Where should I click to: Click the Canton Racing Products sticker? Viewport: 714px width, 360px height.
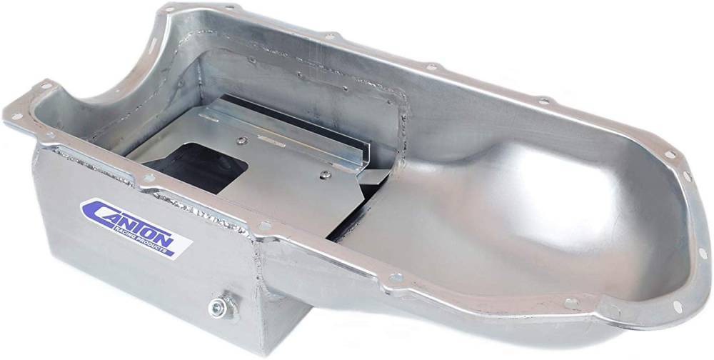tap(136, 229)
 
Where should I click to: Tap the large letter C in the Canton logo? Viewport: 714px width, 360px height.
tap(94, 211)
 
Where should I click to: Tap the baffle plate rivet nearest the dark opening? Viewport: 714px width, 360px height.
tap(242, 140)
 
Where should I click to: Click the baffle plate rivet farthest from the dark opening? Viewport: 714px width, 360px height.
tap(324, 174)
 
